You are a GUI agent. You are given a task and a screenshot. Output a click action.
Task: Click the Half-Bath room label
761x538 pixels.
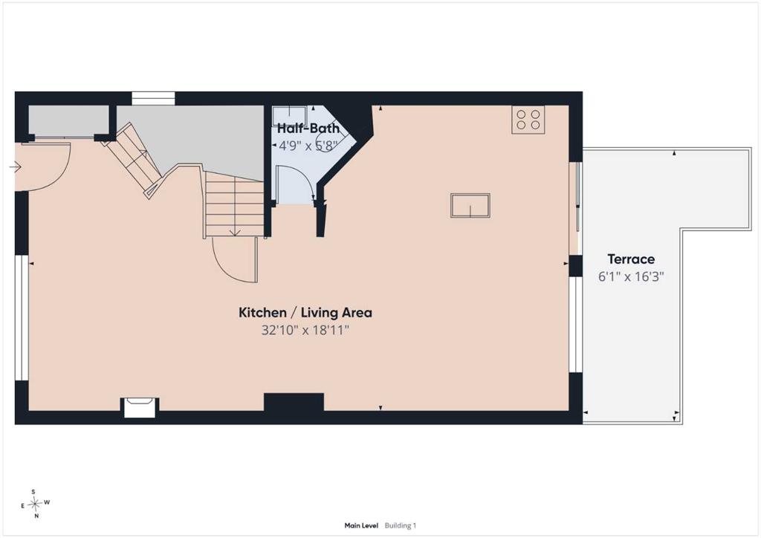point(308,129)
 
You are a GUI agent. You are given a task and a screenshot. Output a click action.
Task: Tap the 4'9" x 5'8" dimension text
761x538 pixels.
point(308,145)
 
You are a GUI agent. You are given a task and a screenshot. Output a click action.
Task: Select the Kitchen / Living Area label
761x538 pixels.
point(305,312)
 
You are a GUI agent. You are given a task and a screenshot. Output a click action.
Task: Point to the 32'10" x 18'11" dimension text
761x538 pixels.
point(305,331)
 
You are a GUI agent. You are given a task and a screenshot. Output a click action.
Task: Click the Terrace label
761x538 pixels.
point(631,259)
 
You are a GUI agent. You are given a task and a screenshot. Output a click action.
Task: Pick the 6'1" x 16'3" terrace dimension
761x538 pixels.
point(631,276)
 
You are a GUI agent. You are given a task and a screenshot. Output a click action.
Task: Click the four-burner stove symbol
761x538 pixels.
point(528,120)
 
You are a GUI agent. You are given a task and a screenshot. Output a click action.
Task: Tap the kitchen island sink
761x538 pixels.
point(470,205)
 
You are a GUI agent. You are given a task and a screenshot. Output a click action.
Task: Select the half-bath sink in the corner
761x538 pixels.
point(289,115)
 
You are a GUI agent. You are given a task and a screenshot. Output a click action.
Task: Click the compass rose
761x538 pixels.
point(34,504)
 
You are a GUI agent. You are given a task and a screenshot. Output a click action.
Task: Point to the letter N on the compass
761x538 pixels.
point(36,516)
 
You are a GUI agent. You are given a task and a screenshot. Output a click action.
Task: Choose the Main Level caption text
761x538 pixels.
point(361,525)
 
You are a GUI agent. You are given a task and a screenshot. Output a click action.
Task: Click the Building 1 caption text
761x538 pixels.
point(401,525)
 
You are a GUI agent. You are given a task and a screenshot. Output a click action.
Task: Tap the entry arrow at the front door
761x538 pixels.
point(15,167)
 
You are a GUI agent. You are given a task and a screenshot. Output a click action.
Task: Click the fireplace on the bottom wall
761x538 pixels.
point(140,407)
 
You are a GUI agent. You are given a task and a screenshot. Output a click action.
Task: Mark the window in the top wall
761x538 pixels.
point(153,98)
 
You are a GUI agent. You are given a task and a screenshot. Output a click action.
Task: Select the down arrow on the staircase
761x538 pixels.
point(235,232)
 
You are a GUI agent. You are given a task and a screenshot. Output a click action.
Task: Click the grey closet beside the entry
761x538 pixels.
point(68,120)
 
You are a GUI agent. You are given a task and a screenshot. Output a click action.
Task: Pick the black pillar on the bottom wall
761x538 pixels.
point(294,402)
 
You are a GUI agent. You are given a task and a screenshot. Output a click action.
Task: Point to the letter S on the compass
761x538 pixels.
point(33,492)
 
